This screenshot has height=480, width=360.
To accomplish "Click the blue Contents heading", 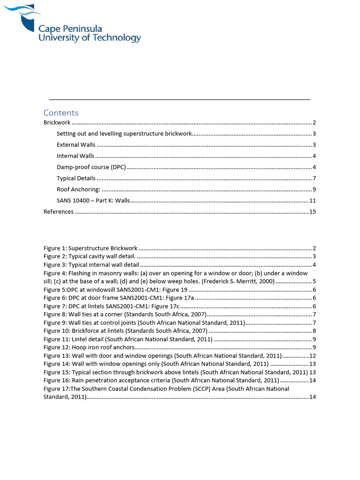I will [x=61, y=112].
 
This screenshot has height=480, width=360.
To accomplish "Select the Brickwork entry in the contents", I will [x=57, y=123].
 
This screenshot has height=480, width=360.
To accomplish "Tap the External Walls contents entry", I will [x=76, y=145].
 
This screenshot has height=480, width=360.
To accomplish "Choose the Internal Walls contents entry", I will [x=75, y=156].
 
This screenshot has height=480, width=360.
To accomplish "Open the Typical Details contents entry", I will [x=76, y=179].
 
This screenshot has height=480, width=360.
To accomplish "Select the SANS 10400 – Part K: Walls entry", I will [x=93, y=201].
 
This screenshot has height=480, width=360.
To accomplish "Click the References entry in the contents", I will [x=59, y=212].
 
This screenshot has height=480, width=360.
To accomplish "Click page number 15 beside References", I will [x=313, y=212].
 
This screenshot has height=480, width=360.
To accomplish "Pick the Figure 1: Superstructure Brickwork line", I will [x=90, y=248].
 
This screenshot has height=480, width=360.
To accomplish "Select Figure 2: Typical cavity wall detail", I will [x=90, y=256].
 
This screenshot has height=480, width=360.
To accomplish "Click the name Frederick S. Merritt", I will [x=222, y=282].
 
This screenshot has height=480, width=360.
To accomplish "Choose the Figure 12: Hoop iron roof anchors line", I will [x=89, y=347].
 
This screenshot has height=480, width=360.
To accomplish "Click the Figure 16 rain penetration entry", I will [x=161, y=380].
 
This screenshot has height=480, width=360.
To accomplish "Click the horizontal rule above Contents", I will [x=180, y=99].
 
